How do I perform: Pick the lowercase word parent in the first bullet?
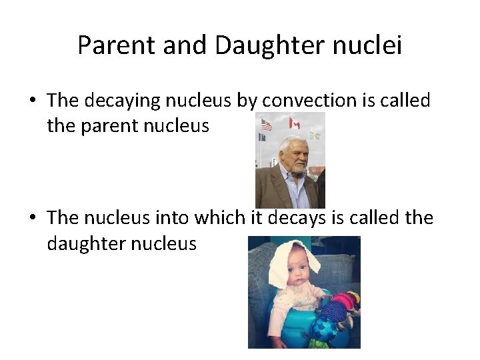coord(109,126)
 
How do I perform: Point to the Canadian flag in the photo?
coord(294,123)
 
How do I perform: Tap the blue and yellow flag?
coord(315,135)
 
